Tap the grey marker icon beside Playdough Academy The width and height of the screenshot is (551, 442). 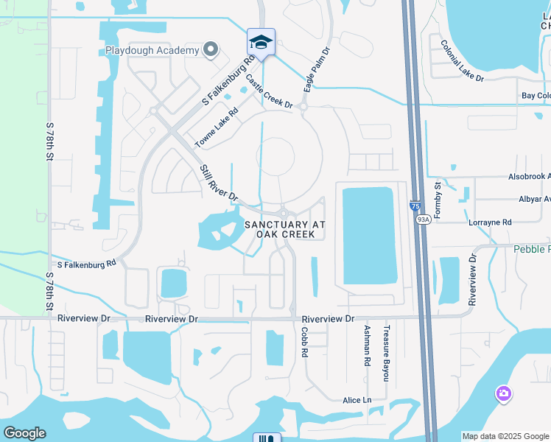[211, 50]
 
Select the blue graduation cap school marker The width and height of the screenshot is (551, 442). [261, 43]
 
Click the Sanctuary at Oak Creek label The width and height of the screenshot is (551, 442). [284, 229]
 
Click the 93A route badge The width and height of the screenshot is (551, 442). [423, 219]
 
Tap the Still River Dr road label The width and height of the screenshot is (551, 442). [220, 183]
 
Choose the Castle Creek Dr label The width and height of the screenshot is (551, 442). [269, 92]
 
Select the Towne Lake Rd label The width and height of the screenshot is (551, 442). [217, 127]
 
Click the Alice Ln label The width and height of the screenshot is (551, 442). [357, 400]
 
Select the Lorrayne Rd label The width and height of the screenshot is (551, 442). [489, 222]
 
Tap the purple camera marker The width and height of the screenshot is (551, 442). [504, 394]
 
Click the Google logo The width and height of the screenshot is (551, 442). [24, 432]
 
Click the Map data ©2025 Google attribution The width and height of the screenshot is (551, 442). [505, 436]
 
